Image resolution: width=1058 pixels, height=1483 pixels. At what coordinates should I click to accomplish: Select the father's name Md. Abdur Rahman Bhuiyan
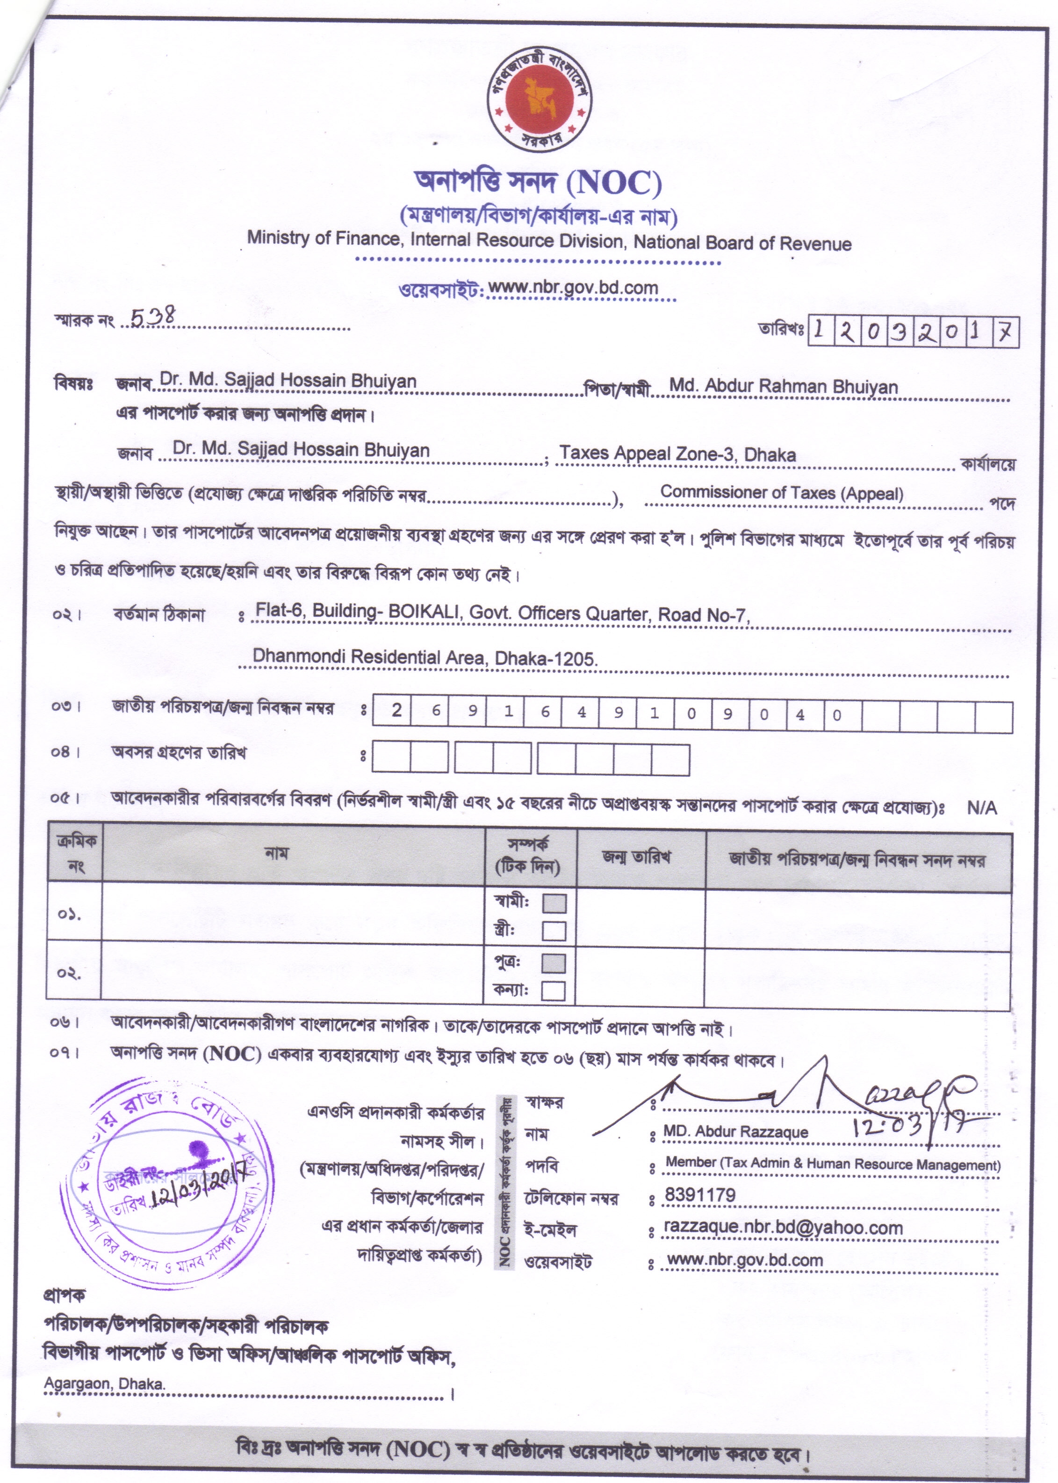783,386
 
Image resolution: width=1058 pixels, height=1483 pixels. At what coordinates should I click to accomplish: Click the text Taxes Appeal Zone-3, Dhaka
677,454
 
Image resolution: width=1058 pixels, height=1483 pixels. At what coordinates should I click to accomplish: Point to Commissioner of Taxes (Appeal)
782,493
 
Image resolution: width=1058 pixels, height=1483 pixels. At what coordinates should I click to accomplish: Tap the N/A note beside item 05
981,808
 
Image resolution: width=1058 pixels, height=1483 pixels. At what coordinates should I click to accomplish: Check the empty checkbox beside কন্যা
553,991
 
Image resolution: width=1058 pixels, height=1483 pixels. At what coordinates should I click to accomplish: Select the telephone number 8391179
700,1195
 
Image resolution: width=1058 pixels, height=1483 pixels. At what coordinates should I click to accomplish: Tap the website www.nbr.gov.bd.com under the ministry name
573,287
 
